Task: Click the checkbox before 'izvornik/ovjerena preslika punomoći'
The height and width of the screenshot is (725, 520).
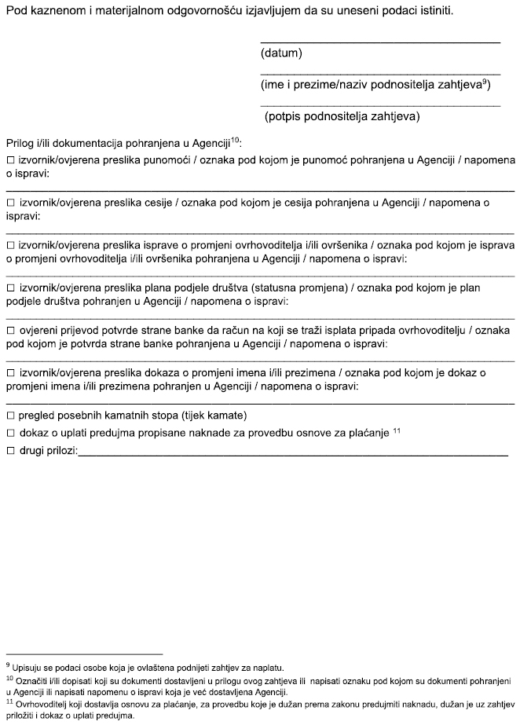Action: (x=10, y=160)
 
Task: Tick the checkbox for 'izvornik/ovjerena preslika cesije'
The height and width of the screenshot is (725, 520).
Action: (x=10, y=203)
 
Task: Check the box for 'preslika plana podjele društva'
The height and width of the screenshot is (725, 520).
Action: (x=10, y=287)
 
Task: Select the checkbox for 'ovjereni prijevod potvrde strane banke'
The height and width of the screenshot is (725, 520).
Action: (x=10, y=331)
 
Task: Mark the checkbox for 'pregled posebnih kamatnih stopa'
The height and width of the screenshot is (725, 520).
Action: (x=10, y=415)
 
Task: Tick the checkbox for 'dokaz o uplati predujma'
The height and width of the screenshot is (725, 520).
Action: (x=10, y=433)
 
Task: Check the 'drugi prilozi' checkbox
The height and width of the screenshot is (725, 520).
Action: (x=10, y=451)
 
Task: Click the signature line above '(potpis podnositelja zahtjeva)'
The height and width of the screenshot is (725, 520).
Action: (x=379, y=104)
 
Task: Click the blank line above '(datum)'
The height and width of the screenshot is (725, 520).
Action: (x=379, y=41)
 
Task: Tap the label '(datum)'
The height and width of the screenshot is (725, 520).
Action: (x=280, y=53)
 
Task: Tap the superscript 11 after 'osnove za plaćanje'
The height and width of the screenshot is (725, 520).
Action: (x=397, y=430)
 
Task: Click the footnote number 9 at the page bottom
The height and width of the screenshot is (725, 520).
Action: (x=7, y=665)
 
